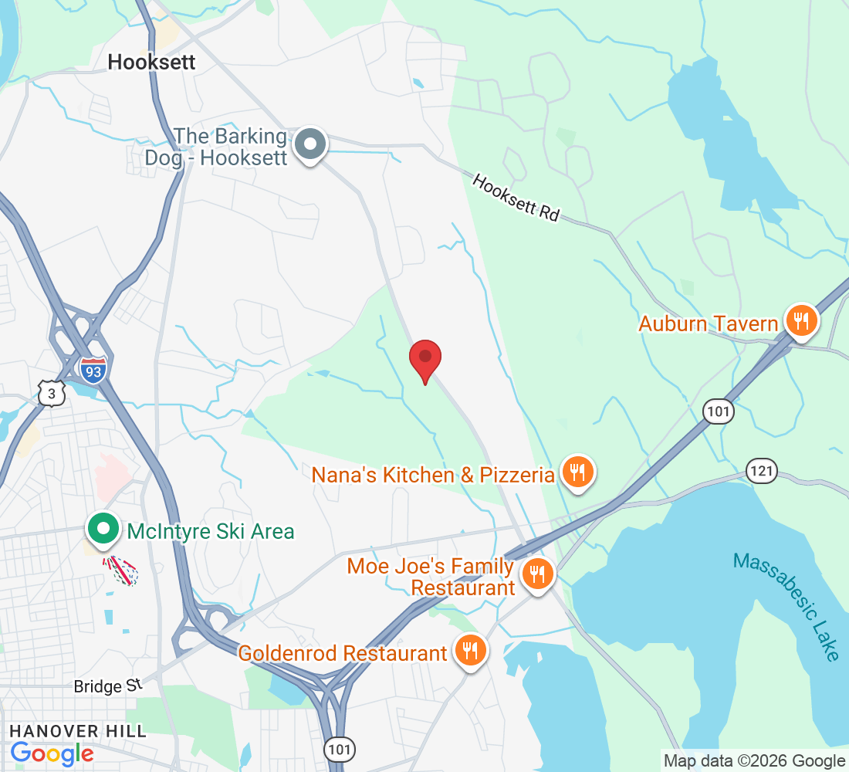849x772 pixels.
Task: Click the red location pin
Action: tap(424, 360)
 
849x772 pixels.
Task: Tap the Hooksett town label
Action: tap(152, 63)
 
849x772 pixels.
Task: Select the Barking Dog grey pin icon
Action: tap(311, 144)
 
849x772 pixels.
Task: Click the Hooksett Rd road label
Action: tap(516, 198)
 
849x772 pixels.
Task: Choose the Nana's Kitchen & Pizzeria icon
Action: tap(577, 471)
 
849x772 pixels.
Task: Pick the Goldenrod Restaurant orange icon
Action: tap(469, 650)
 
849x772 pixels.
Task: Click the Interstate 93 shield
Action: tap(92, 368)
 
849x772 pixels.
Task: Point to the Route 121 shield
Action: tap(761, 470)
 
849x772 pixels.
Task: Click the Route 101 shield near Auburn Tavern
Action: tap(717, 411)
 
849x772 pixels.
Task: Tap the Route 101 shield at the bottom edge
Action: tap(337, 750)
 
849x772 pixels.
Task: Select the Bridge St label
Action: tap(109, 686)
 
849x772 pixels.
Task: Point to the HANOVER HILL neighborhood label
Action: tap(77, 730)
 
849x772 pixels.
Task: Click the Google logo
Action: tap(52, 753)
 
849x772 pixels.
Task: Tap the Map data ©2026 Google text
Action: tap(754, 761)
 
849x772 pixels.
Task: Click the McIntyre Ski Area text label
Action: tap(211, 531)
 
